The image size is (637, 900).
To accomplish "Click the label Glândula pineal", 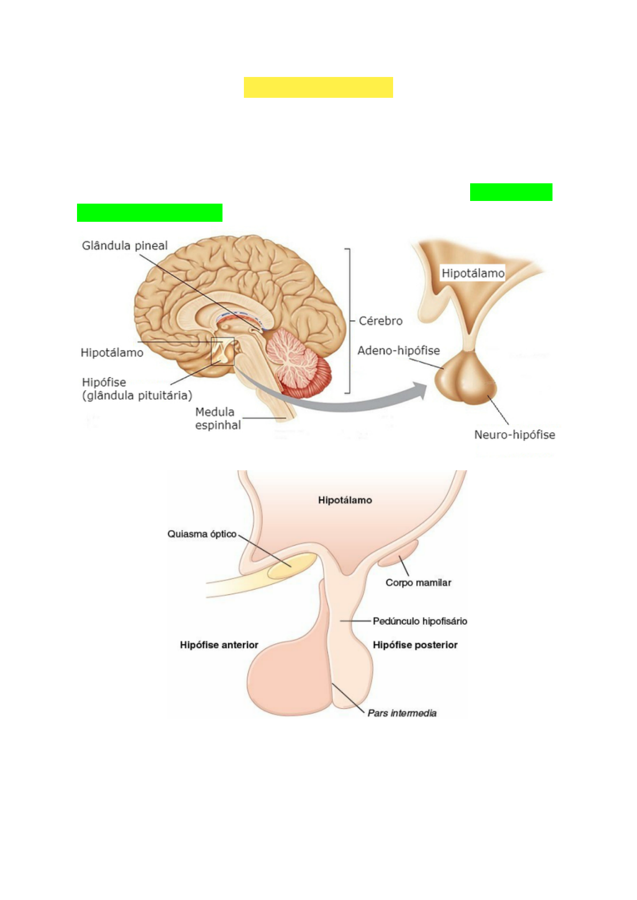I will pos(125,246).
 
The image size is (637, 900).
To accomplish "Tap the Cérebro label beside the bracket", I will pos(380,321).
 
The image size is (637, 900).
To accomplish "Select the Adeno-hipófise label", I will pos(398,351).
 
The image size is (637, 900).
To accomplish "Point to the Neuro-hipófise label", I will pos(515,435).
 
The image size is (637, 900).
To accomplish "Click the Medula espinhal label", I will pos(218,418).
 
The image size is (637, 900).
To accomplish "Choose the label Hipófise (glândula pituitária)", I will pos(136,389).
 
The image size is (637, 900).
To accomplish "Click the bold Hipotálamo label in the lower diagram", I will pos(345,500).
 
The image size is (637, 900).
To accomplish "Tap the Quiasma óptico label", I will pos(202,534).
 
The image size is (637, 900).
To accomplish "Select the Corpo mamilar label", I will pos(418,583).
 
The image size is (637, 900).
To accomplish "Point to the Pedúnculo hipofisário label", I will pos(420,621).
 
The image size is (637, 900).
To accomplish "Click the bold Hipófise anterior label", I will pos(219,645).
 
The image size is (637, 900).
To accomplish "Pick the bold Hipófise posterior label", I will pos(415,645).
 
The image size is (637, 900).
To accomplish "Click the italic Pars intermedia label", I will pos(402,713).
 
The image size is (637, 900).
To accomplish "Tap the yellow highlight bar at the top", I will pos(318,87).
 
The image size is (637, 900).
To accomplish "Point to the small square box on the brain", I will pos(223,352).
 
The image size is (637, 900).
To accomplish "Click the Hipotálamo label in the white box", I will pos(473,274).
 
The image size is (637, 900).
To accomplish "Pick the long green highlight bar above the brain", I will pos(149,213).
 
